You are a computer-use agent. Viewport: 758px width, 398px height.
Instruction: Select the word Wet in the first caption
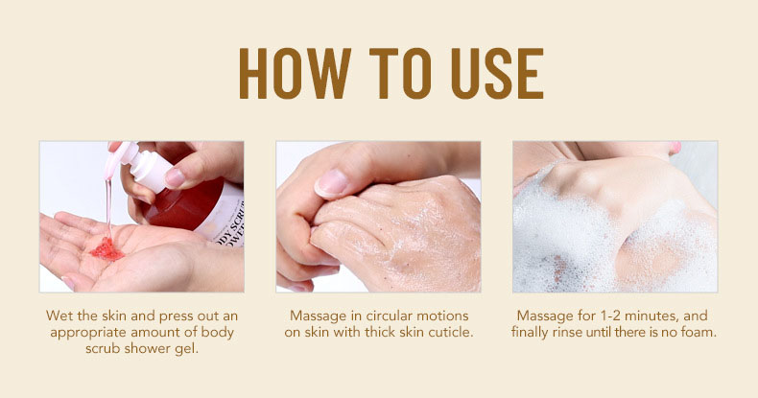tap(59, 316)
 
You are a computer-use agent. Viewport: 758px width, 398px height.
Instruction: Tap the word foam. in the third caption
tap(698, 333)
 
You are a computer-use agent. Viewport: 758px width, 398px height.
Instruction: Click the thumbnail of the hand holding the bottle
tap(174, 177)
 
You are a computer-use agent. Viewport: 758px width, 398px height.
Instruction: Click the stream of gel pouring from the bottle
tap(109, 206)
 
